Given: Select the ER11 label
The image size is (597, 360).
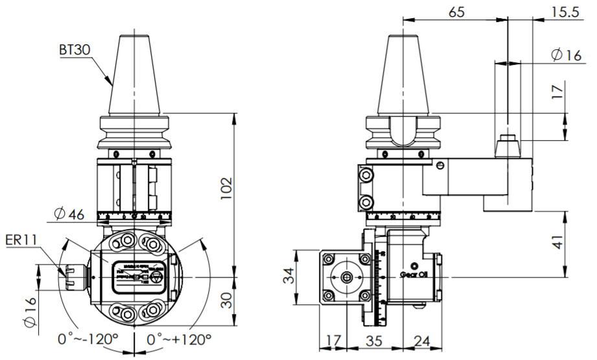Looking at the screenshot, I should pyautogui.click(x=20, y=240).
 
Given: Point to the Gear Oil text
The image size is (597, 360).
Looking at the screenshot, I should pyautogui.click(x=414, y=274).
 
